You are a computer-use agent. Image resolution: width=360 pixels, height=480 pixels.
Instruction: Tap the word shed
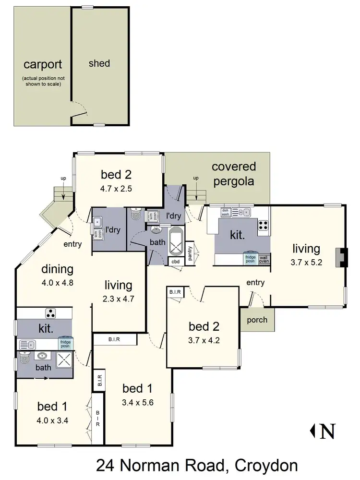(99, 63)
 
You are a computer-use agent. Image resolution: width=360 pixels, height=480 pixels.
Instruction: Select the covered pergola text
(234, 174)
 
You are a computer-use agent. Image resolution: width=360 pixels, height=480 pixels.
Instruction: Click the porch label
(257, 320)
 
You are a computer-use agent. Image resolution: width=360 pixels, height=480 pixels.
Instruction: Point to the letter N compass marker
(327, 431)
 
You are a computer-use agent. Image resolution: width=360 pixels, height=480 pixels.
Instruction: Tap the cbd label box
(176, 262)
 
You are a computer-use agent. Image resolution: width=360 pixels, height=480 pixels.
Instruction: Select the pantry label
(191, 252)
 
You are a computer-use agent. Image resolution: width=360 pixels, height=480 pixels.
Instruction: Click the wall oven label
(264, 259)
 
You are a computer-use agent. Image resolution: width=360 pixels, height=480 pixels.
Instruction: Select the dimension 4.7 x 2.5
(116, 189)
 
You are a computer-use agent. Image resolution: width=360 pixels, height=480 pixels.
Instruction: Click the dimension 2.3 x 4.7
(118, 298)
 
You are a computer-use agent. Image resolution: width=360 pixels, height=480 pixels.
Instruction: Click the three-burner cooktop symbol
(50, 314)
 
